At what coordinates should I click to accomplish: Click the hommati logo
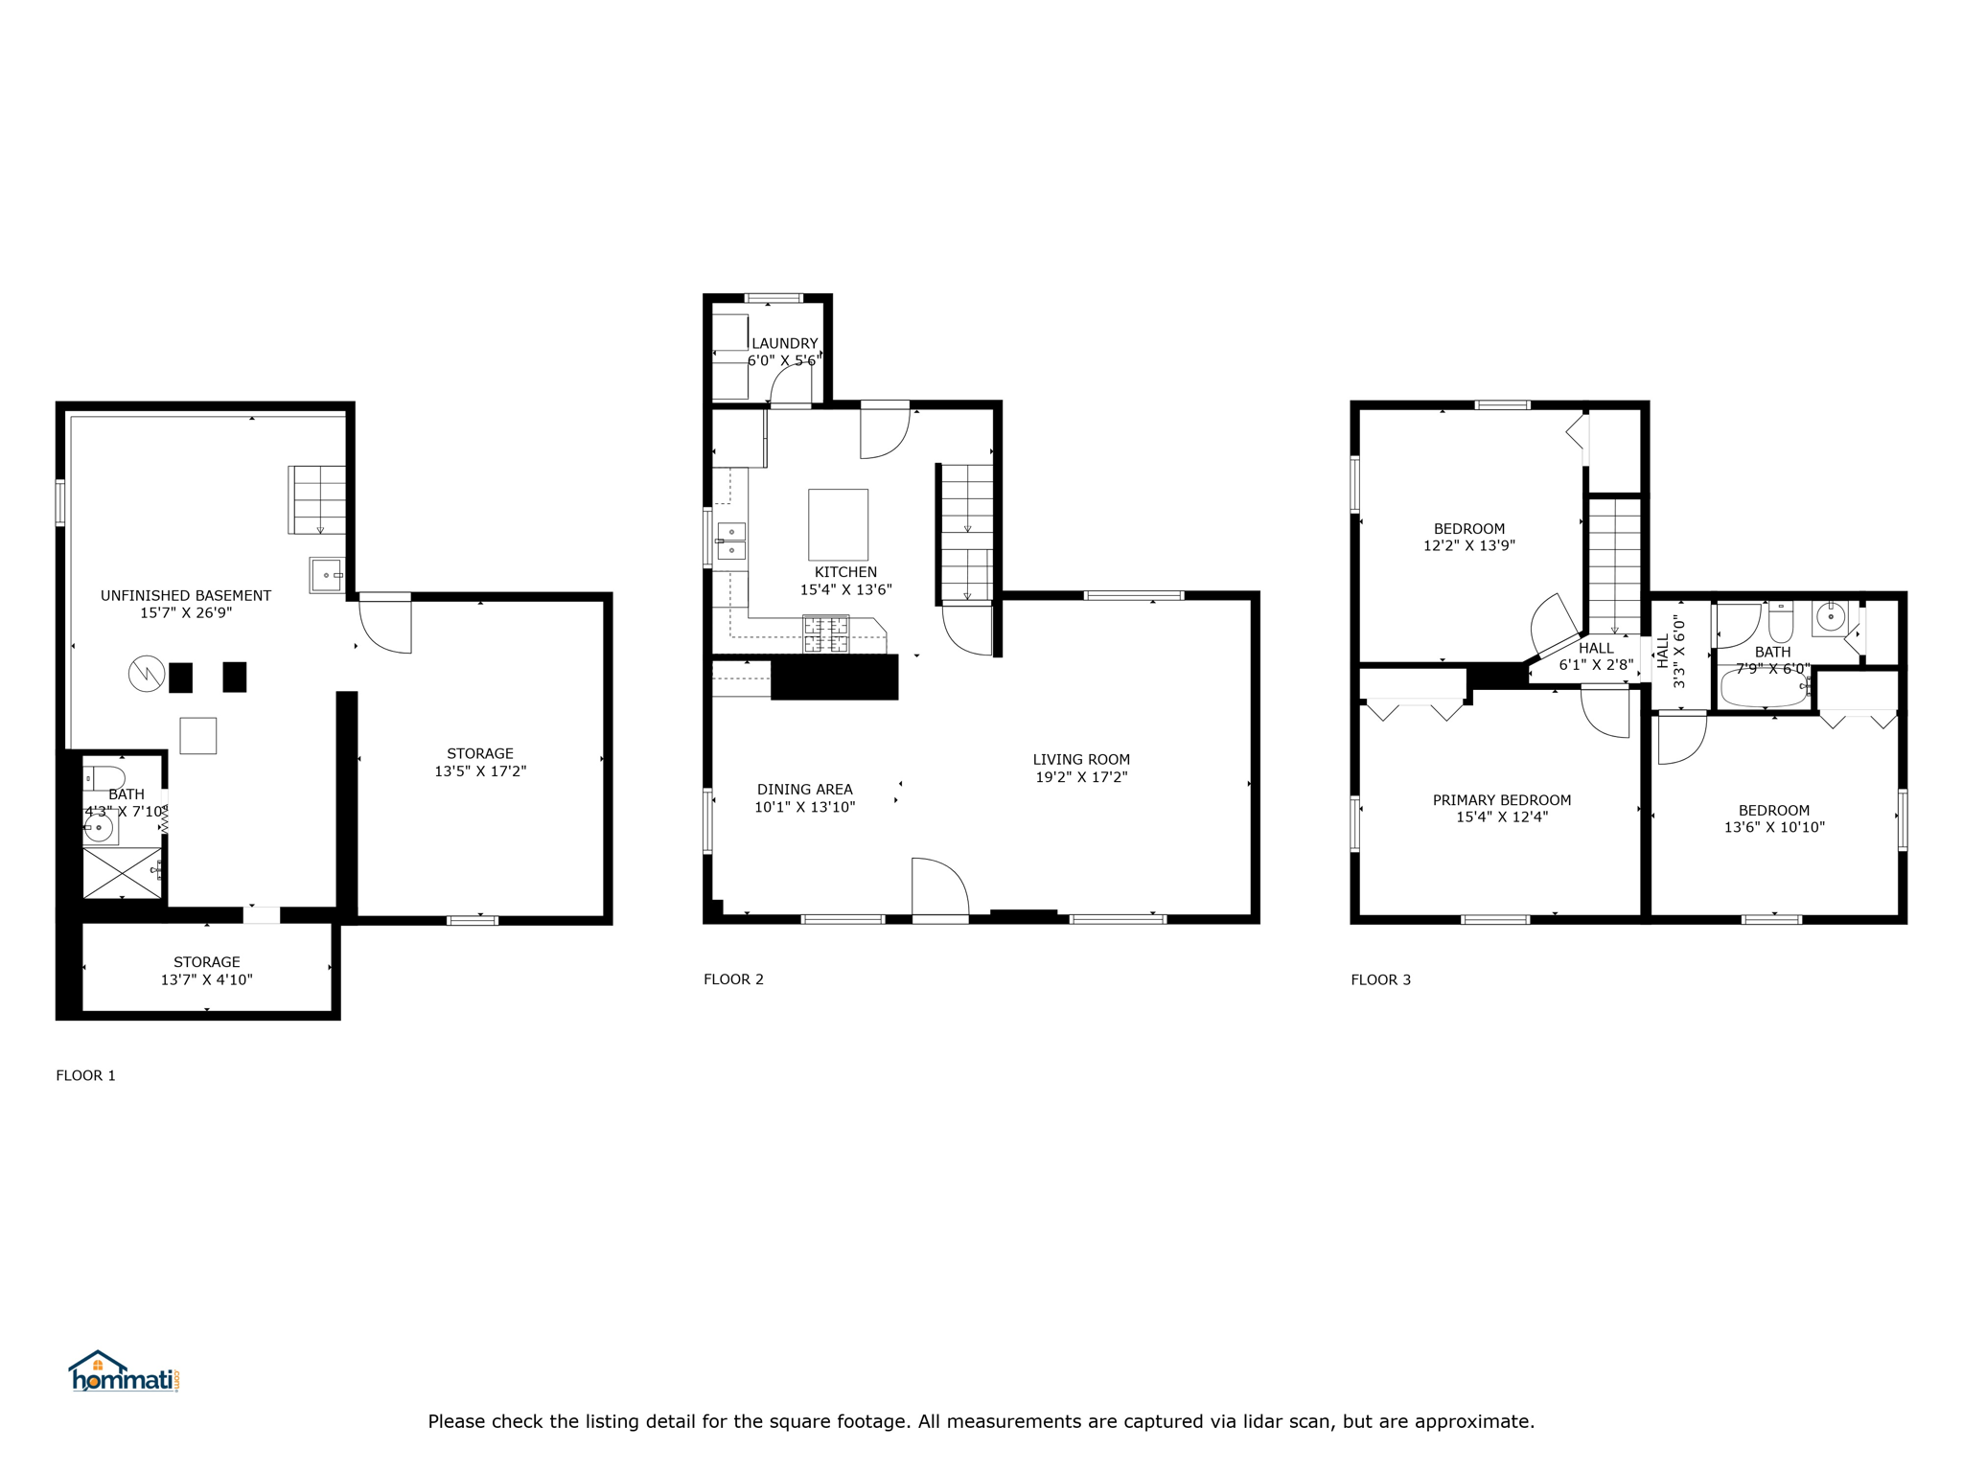click(x=123, y=1372)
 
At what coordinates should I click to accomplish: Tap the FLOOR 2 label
click(x=733, y=979)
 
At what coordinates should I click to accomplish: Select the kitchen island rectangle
click(x=838, y=524)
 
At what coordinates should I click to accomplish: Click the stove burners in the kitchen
click(x=825, y=633)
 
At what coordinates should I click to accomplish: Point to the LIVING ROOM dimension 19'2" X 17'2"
click(x=1081, y=777)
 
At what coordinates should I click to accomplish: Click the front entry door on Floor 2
click(x=939, y=888)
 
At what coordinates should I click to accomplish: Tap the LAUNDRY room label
click(x=784, y=343)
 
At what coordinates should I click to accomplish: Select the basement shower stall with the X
click(x=122, y=871)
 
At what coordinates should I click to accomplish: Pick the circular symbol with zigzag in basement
click(x=147, y=674)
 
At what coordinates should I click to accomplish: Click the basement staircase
click(x=318, y=499)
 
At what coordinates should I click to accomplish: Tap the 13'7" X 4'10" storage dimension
click(x=206, y=979)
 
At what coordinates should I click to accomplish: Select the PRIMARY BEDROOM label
click(x=1501, y=800)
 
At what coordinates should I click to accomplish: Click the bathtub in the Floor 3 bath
click(x=1764, y=687)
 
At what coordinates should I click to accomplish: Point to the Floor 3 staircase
click(x=1615, y=565)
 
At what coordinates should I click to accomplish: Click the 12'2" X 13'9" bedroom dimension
click(x=1468, y=545)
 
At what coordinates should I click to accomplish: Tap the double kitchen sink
click(x=730, y=540)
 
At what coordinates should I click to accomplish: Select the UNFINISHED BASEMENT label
click(x=186, y=595)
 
